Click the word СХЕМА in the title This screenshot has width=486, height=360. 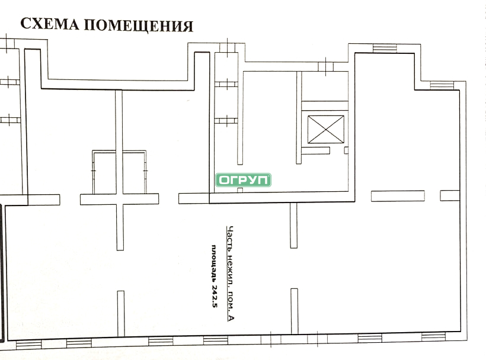pyautogui.click(x=50, y=24)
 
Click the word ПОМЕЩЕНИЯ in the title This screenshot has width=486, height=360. pyautogui.click(x=139, y=25)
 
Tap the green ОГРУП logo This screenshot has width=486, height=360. pyautogui.click(x=244, y=180)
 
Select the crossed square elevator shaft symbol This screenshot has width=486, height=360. pyautogui.click(x=326, y=129)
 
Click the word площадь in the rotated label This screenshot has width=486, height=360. pyautogui.click(x=214, y=263)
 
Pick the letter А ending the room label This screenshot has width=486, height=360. pyautogui.click(x=231, y=317)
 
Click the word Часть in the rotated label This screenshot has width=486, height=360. pyautogui.click(x=231, y=239)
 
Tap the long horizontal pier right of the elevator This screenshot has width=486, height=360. pyautogui.click(x=398, y=196)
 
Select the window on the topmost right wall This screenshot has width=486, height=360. pyautogui.click(x=385, y=49)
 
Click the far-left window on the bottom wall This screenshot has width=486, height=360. pyautogui.click(x=28, y=344)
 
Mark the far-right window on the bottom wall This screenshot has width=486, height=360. pyautogui.click(x=433, y=336)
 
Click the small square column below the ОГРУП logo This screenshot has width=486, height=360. pyautogui.click(x=240, y=190)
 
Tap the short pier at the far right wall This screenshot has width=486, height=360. pyautogui.click(x=450, y=195)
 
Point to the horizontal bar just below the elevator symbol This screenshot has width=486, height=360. pyautogui.click(x=315, y=151)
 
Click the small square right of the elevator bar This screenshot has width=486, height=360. pyautogui.click(x=346, y=150)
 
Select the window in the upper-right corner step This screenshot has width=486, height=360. pyautogui.click(x=442, y=85)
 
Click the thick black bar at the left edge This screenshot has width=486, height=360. pyautogui.click(x=2, y=272)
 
